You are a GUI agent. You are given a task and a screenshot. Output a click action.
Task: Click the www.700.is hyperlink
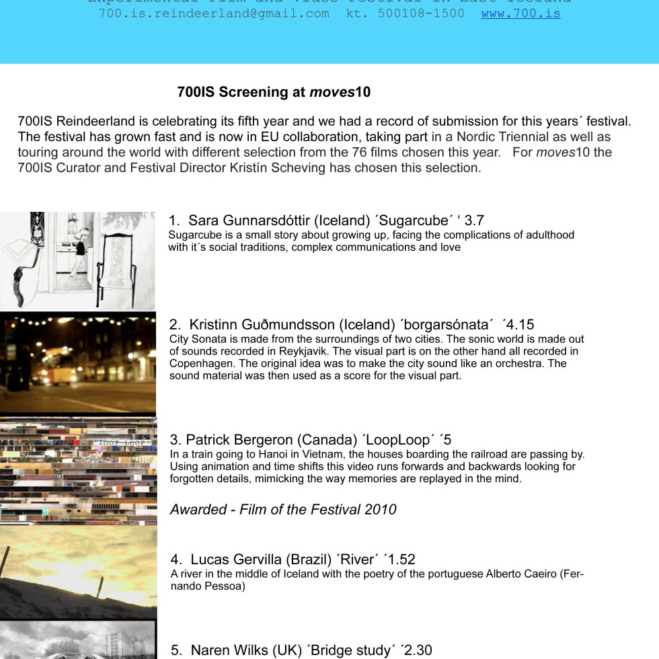(520, 13)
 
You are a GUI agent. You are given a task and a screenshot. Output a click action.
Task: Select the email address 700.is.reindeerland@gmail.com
(214, 13)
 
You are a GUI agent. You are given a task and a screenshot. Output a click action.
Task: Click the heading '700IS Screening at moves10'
(274, 92)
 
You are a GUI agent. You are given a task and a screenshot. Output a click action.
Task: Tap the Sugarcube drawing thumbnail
(77, 260)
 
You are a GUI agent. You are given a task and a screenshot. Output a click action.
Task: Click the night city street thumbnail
(77, 363)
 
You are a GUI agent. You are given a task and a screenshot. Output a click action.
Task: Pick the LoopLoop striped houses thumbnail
(78, 471)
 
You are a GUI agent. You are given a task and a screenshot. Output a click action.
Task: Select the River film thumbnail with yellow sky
(78, 572)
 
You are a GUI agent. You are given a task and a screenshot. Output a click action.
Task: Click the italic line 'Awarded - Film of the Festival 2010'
(283, 510)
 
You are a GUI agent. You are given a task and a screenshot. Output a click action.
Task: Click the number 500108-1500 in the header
(421, 13)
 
